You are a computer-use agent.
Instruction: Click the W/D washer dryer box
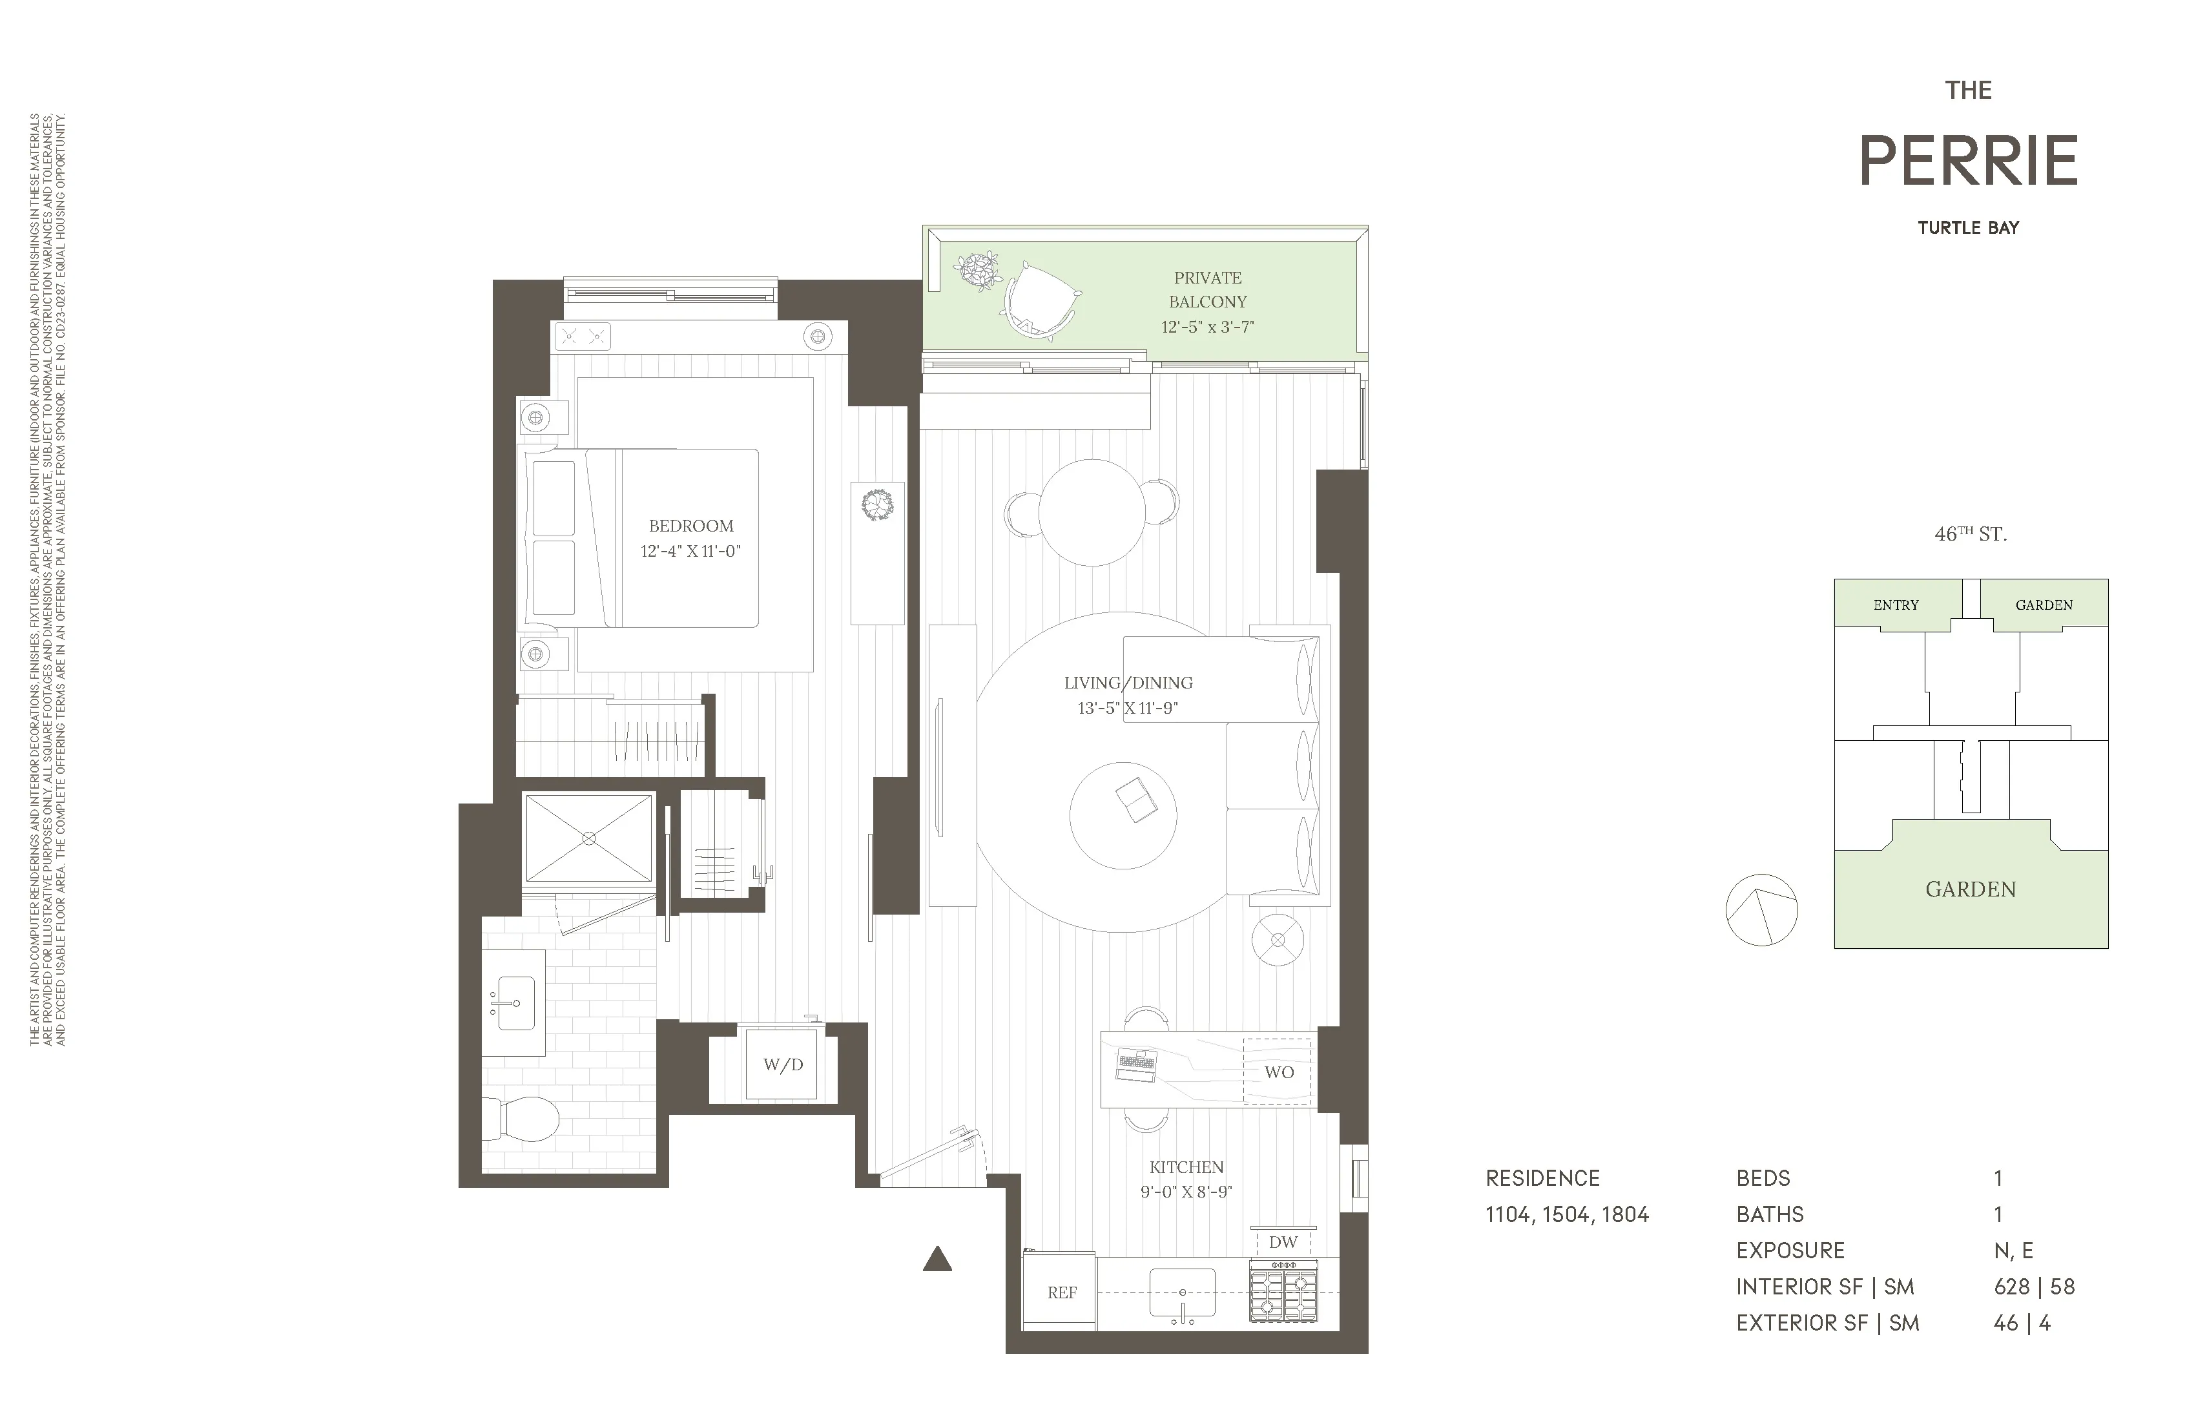[x=782, y=1065]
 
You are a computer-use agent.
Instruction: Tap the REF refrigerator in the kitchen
[x=1061, y=1292]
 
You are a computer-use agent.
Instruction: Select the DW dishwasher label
[x=1283, y=1242]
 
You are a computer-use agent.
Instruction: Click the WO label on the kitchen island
[x=1279, y=1072]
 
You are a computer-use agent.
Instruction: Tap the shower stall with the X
[x=588, y=838]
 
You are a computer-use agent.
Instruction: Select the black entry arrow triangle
[x=937, y=1260]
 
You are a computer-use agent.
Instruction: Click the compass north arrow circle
[x=1761, y=910]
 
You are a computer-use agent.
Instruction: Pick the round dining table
[x=1092, y=512]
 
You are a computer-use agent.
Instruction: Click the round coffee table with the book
[x=1123, y=814]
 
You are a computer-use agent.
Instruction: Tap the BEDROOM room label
[x=691, y=526]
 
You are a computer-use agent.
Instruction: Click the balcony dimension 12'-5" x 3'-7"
[x=1207, y=327]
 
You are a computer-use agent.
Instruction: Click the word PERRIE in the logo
[x=1968, y=161]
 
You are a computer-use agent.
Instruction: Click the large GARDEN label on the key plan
[x=1970, y=889]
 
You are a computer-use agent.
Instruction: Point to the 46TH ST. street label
[x=1970, y=534]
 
